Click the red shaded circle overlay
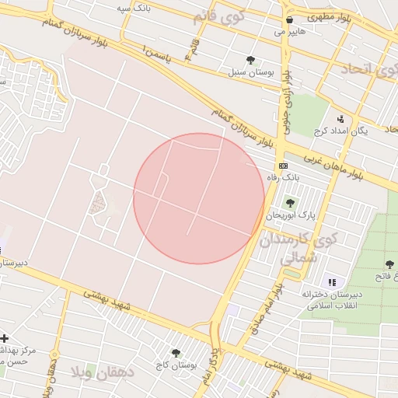[x=199, y=198]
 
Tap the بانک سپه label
[x=133, y=7]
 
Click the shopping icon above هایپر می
[x=289, y=20]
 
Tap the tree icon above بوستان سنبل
[x=250, y=59]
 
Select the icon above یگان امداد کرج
[x=340, y=119]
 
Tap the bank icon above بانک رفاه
[x=283, y=166]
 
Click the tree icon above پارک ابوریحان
[x=290, y=203]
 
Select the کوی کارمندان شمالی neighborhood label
[x=305, y=248]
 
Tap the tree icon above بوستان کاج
[x=176, y=352]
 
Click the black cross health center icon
[x=5, y=338]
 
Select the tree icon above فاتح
[x=389, y=265]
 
